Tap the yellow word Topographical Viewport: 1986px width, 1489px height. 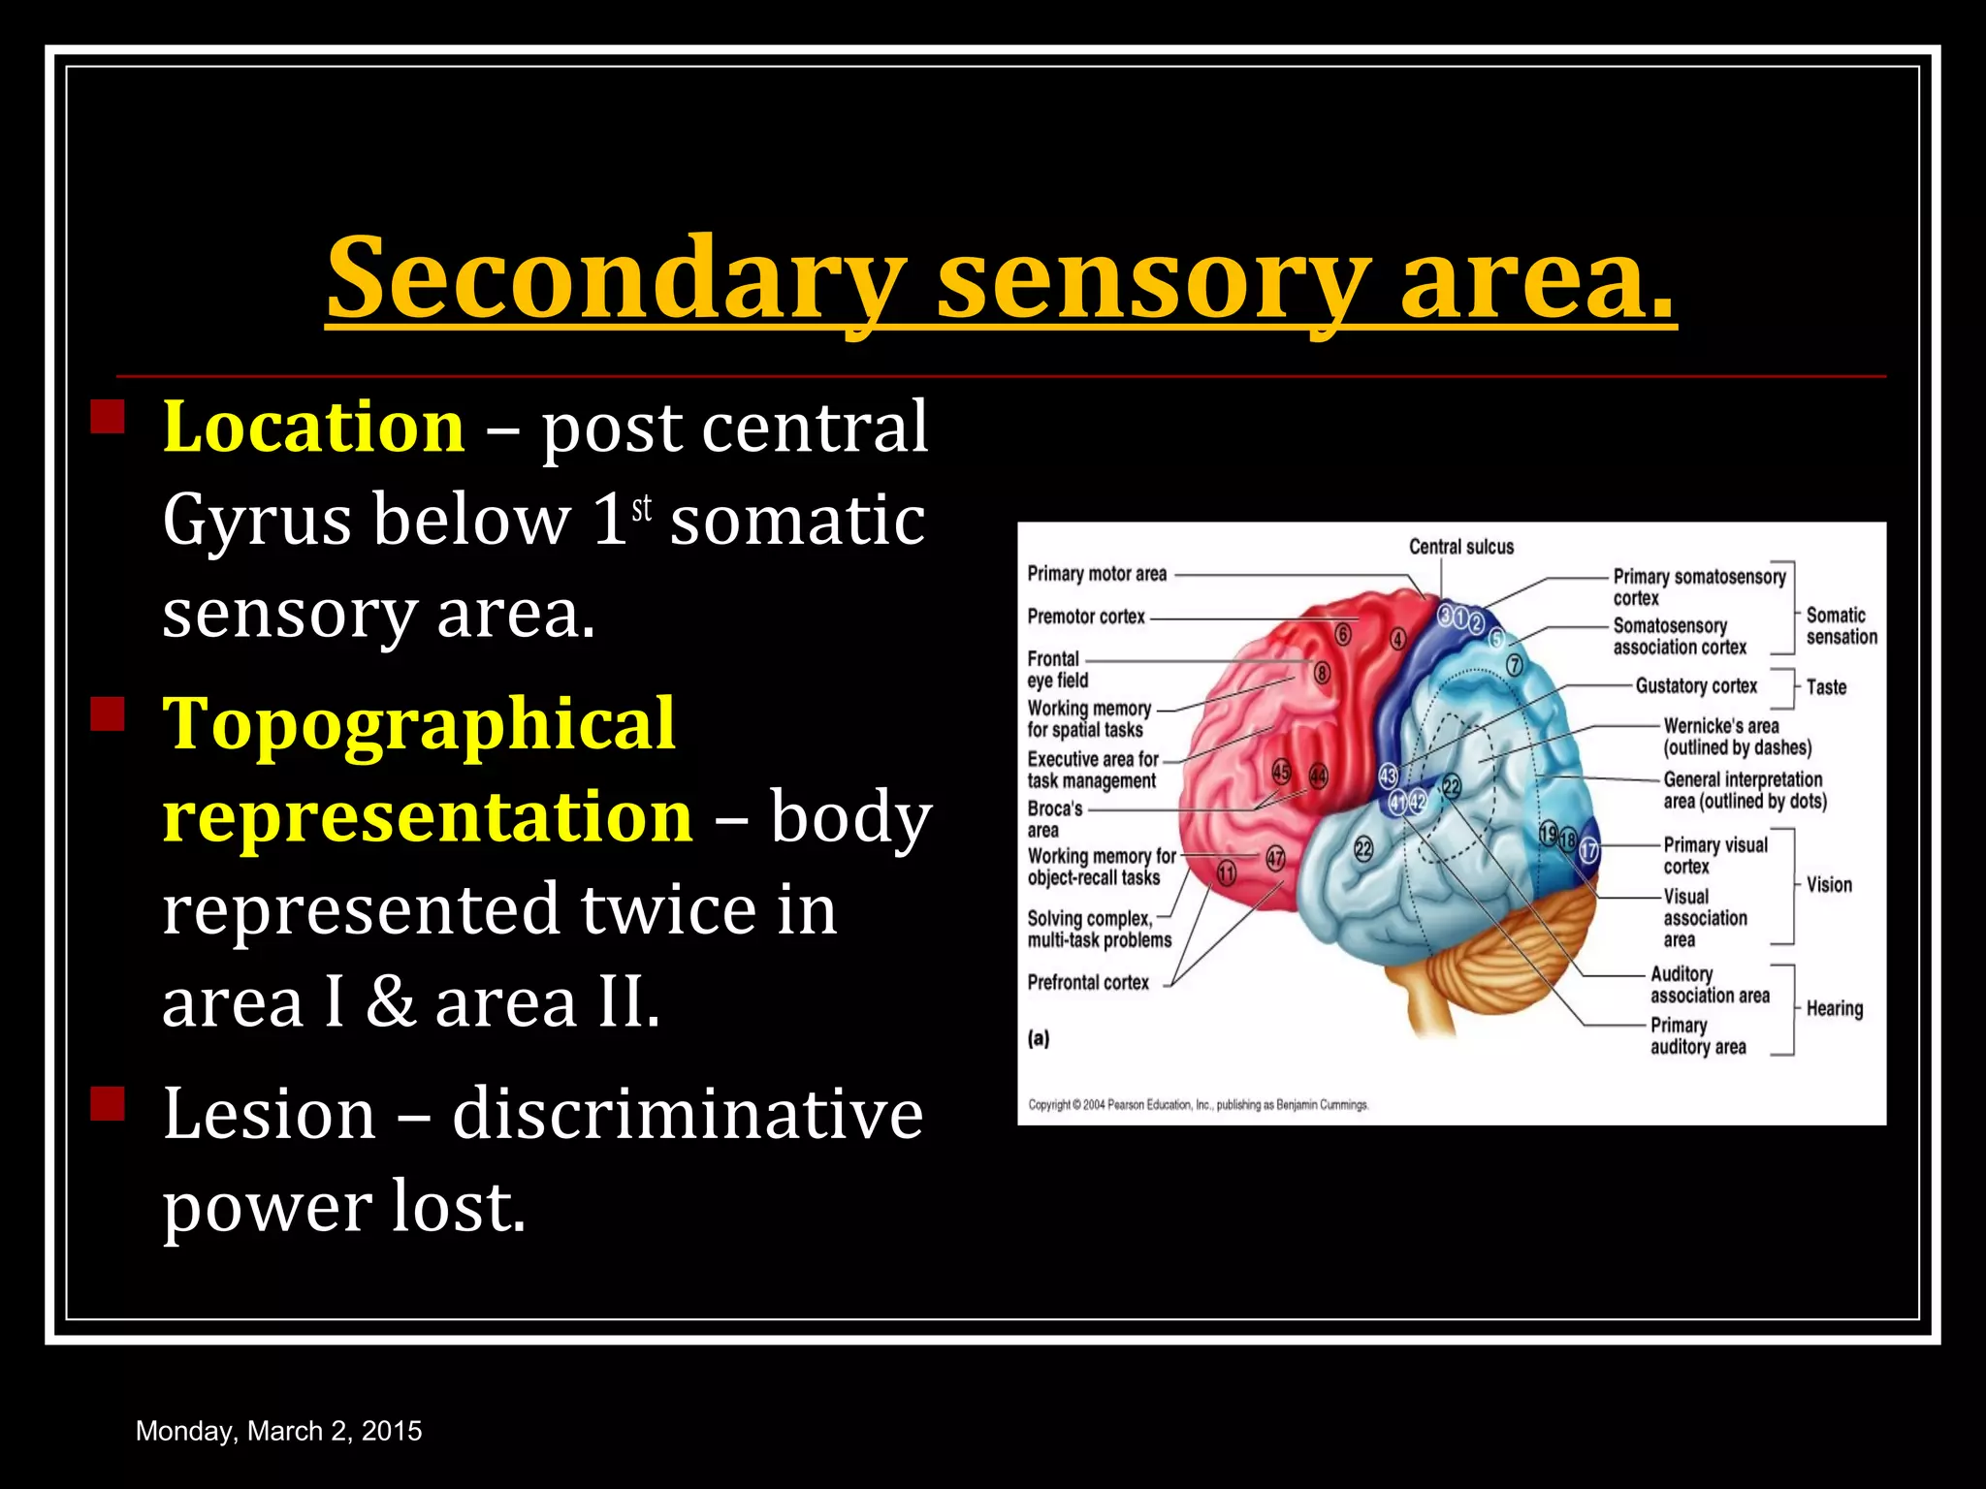pos(418,723)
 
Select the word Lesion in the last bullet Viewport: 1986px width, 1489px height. pos(269,1114)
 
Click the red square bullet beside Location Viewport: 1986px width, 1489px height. pos(108,417)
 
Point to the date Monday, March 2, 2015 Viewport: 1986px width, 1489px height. pos(278,1431)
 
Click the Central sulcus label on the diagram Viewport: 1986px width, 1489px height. pos(1460,547)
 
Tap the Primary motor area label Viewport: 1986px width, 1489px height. pos(1097,574)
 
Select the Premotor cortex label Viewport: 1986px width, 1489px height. pos(1086,617)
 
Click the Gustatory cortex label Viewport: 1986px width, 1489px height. pos(1696,686)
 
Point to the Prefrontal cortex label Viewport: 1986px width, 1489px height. pos(1088,983)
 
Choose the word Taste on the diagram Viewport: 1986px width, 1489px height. pos(1826,687)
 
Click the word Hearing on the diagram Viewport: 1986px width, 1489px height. pos(1834,1009)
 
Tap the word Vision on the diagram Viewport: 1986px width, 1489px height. pos(1829,885)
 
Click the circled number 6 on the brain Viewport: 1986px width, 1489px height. pos(1343,635)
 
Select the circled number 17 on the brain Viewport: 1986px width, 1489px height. pos(1588,851)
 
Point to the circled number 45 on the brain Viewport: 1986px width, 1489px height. pos(1281,773)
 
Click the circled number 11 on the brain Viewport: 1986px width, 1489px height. pos(1227,873)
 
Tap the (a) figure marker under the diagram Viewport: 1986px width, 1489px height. pos(1039,1039)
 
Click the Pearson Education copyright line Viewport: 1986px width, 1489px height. pos(1199,1105)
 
